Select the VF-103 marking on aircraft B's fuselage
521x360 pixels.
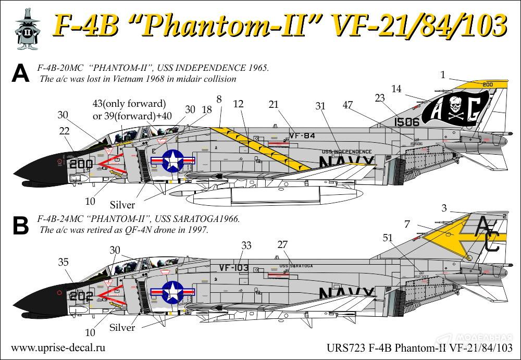pos(233,268)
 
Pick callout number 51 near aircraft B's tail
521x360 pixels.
pos(388,238)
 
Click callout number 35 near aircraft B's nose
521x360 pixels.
pos(63,263)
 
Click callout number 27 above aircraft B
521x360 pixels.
pos(282,244)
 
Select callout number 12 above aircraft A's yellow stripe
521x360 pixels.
pos(239,105)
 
